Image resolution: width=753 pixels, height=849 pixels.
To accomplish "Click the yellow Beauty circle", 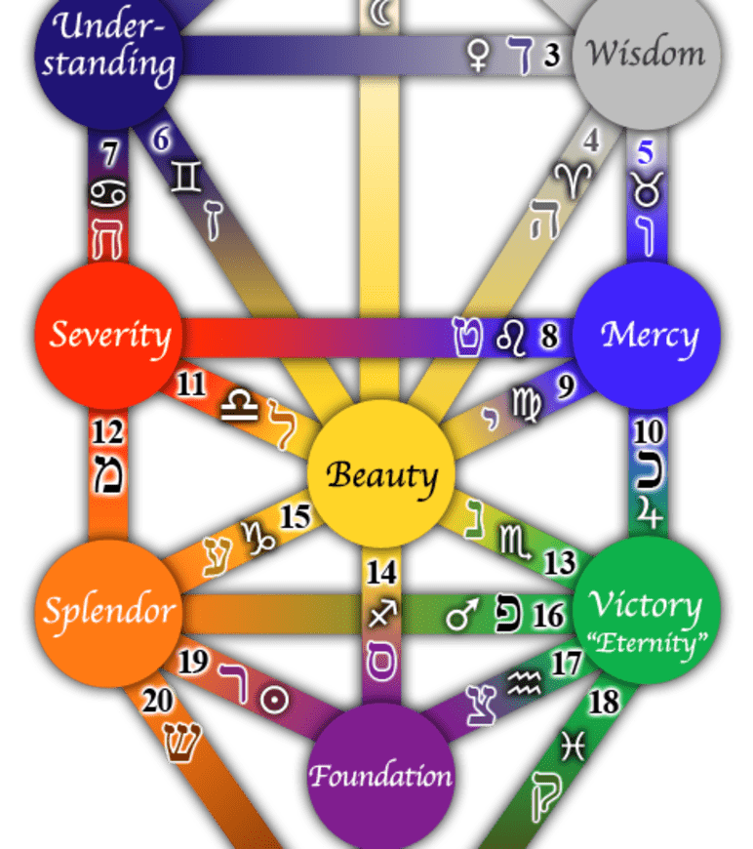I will point(380,475).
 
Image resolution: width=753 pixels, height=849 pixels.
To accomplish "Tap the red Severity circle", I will point(108,335).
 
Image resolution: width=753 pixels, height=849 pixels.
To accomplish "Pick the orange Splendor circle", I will point(108,612).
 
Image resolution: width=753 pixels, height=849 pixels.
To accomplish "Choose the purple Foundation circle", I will point(380,776).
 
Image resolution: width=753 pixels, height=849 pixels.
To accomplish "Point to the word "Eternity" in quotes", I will point(644,643).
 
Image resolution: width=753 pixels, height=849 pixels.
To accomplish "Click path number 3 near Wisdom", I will point(553,56).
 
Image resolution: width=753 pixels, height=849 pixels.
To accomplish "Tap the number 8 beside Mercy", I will point(549,337).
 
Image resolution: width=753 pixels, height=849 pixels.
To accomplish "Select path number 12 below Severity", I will point(108,432).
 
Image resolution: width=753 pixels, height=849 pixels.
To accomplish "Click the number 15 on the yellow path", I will point(294,516).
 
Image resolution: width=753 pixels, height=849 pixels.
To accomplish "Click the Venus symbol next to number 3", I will point(480,57).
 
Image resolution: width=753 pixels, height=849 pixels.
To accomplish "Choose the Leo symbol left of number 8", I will point(510,337).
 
